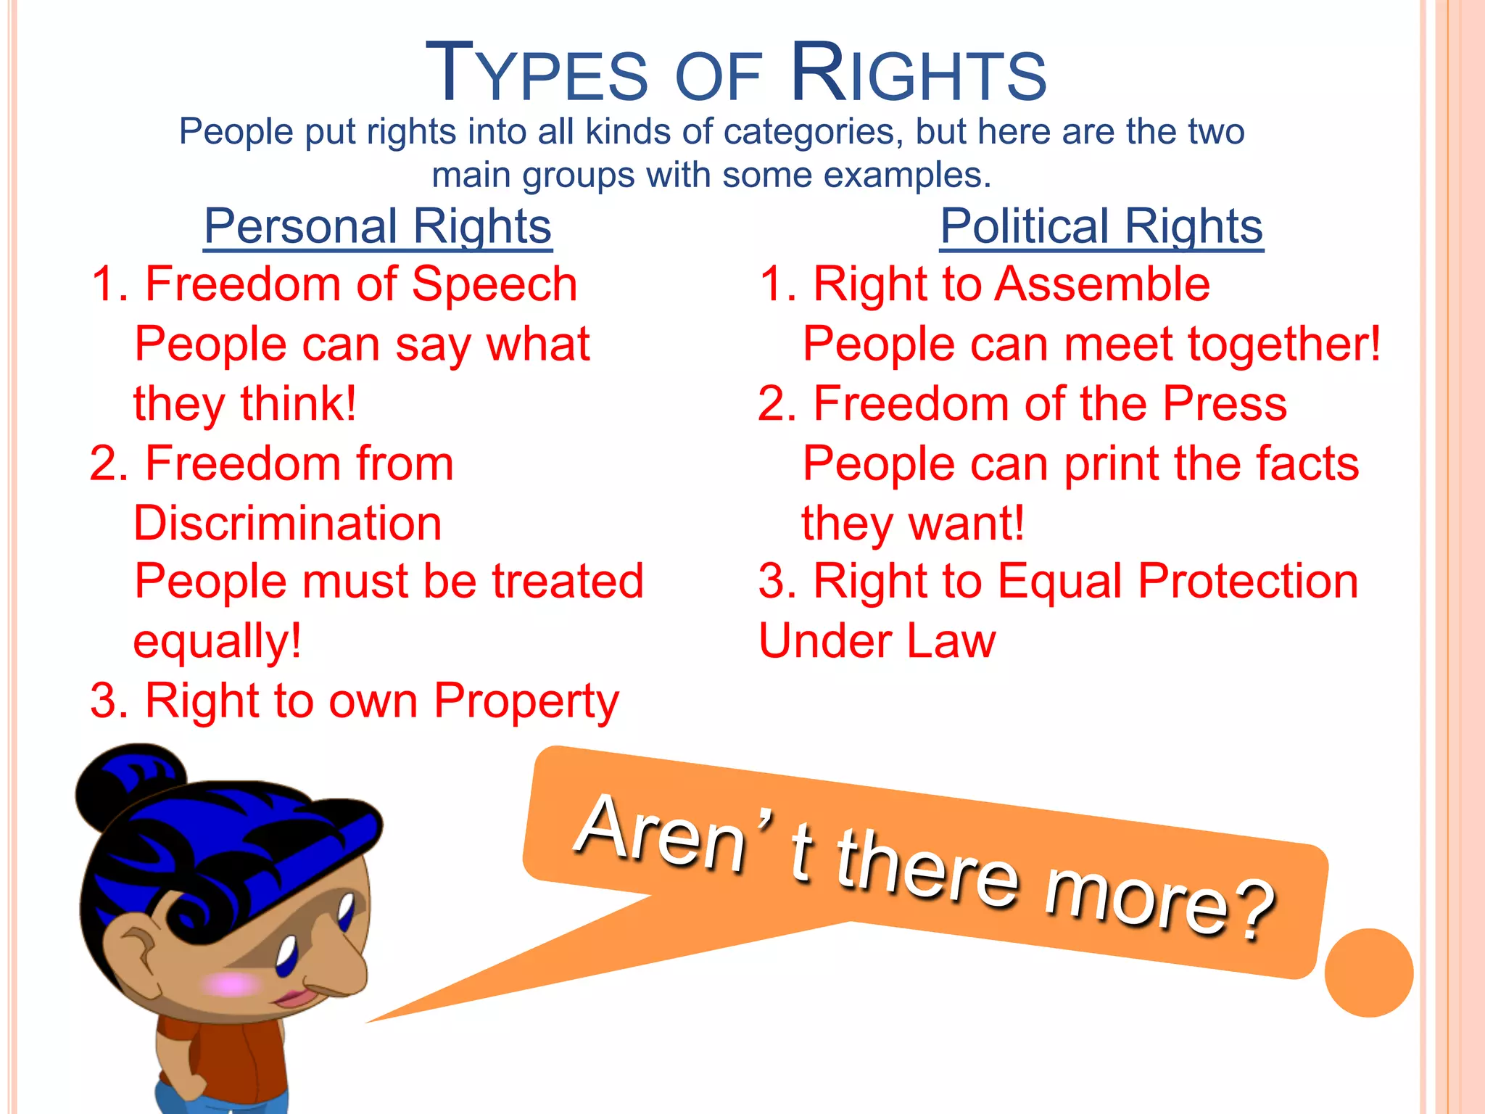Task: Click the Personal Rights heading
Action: (x=378, y=226)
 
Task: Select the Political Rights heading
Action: (x=1101, y=226)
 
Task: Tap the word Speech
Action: (x=495, y=284)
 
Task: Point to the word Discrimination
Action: (x=288, y=524)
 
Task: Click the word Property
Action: (x=526, y=702)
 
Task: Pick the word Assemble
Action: (x=1102, y=284)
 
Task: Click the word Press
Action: (x=1225, y=403)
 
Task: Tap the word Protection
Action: (x=1248, y=582)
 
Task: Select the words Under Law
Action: (x=877, y=642)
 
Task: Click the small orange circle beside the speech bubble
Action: (x=1368, y=973)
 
